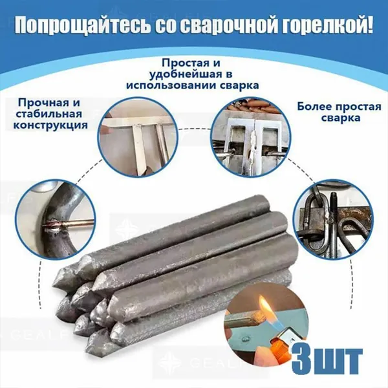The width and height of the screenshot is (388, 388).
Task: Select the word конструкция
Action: tap(50, 125)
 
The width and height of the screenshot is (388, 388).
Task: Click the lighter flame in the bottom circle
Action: tap(264, 306)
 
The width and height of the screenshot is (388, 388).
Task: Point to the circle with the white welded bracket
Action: tap(251, 137)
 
